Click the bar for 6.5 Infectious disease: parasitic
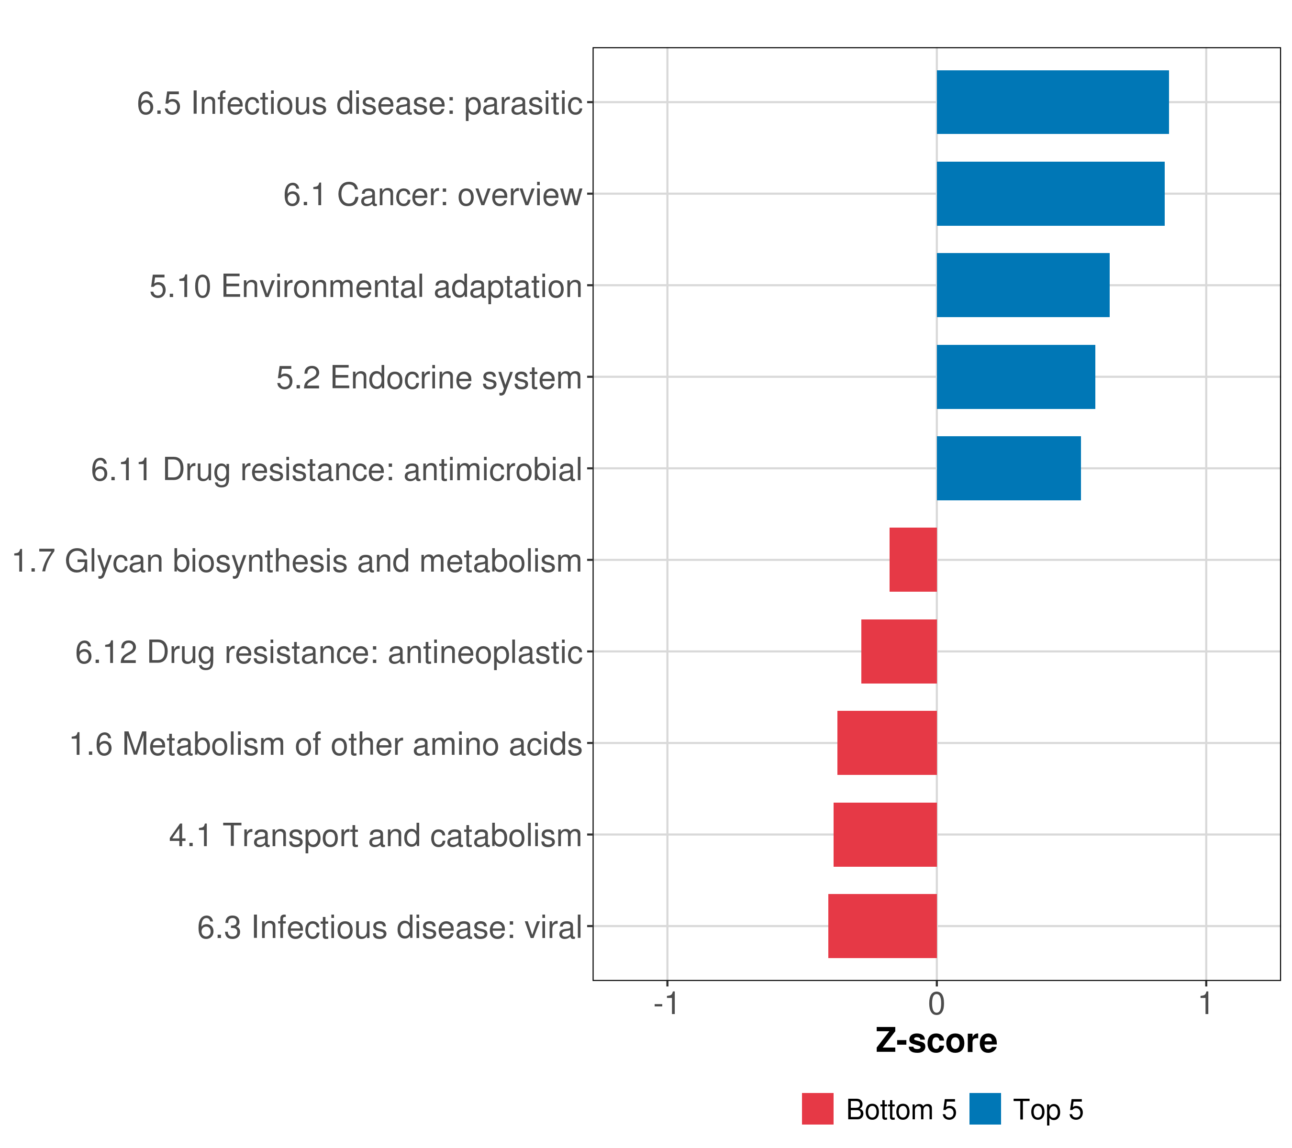[1052, 102]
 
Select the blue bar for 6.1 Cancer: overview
[1050, 194]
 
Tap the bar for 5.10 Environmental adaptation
[1022, 286]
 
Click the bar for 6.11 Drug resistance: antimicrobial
[1008, 468]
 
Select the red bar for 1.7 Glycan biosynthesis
[913, 560]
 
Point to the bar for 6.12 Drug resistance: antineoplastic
[898, 651]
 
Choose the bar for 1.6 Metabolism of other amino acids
[887, 743]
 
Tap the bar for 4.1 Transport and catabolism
[885, 835]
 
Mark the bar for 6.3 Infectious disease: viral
[882, 926]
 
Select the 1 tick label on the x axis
[1205, 1004]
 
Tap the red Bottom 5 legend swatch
[817, 1109]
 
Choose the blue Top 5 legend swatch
[985, 1109]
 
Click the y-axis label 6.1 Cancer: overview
[433, 195]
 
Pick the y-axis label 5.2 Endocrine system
[429, 378]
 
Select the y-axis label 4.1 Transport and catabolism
[375, 835]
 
